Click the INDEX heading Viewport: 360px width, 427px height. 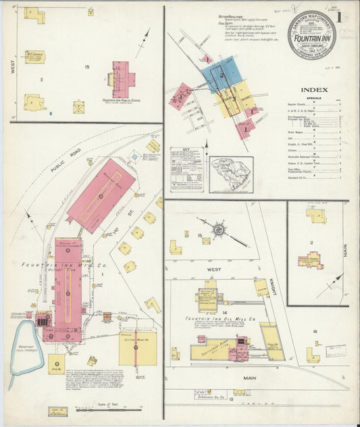(x=314, y=89)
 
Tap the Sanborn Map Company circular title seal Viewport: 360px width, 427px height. (x=311, y=34)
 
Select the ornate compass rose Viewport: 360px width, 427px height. (x=220, y=230)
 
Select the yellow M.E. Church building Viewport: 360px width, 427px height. (x=33, y=57)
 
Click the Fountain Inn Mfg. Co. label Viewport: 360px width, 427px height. (x=61, y=266)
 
